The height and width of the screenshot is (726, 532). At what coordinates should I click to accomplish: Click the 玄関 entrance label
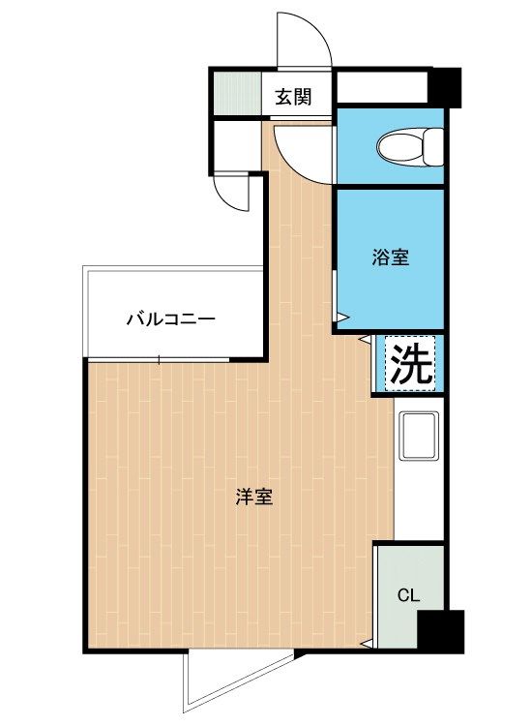293,97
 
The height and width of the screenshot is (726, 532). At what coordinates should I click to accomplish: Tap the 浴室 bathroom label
391,257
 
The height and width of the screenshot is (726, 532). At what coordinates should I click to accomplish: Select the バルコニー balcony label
170,319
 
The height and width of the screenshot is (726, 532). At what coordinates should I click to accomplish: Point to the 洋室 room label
254,497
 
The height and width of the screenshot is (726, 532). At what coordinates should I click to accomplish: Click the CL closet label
408,595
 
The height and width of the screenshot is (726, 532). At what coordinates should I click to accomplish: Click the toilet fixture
410,147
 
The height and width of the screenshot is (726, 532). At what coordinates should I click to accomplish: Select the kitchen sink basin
419,437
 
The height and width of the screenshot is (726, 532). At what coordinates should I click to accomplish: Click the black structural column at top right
444,87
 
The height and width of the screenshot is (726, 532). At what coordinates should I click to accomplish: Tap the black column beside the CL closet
440,631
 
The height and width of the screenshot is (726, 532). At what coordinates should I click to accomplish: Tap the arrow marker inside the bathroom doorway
342,318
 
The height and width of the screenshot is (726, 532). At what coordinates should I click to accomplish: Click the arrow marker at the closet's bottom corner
367,644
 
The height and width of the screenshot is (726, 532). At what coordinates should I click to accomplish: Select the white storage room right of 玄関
382,87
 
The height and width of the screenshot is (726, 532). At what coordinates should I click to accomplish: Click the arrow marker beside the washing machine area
365,340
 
